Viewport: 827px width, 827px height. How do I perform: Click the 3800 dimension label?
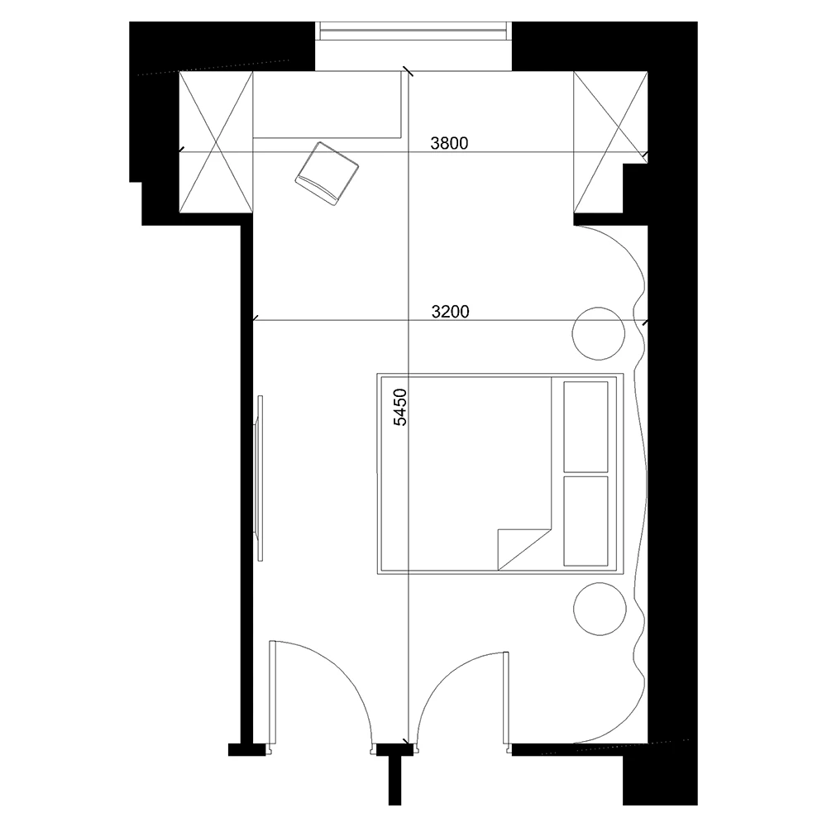(450, 143)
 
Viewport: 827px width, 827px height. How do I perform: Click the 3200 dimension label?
(451, 312)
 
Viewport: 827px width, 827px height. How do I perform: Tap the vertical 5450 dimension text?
(400, 407)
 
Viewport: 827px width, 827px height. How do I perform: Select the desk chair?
(327, 172)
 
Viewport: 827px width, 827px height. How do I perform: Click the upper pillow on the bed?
(586, 426)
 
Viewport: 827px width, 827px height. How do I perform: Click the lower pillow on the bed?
(586, 520)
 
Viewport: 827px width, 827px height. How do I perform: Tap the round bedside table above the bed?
(599, 333)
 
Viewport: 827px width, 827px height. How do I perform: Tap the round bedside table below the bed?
(599, 608)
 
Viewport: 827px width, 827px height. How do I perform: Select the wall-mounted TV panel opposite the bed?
(260, 477)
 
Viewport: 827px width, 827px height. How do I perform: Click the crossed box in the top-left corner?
(216, 141)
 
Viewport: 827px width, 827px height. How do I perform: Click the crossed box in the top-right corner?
(610, 141)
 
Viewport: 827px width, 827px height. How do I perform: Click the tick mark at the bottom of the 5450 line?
(405, 742)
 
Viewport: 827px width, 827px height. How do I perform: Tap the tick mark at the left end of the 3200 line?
(254, 318)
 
